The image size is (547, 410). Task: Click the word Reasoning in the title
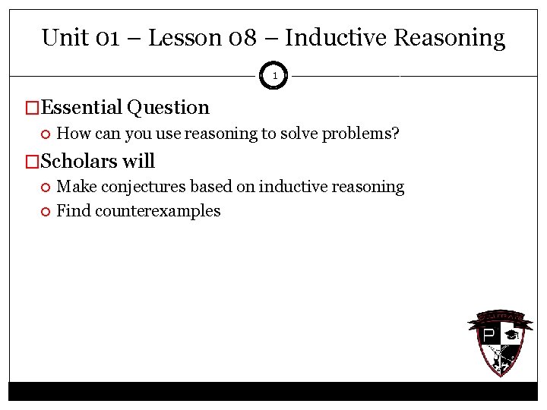tap(454, 38)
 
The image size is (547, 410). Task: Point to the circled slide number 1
tap(274, 76)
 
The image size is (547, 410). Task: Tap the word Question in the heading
tap(168, 109)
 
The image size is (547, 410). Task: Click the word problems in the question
tap(364, 134)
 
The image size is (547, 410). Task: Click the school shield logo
tap(496, 342)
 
